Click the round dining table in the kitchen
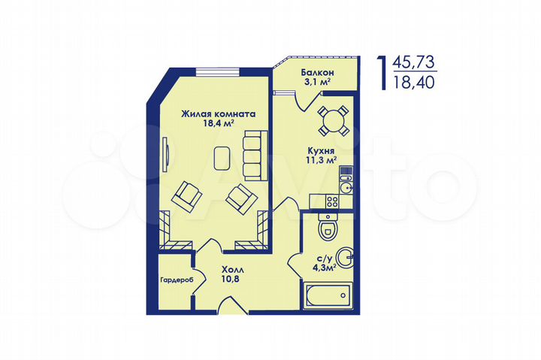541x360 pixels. [331, 119]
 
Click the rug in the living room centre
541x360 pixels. [222, 158]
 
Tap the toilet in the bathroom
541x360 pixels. [328, 226]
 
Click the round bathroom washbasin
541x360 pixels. [343, 258]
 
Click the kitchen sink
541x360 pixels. [347, 187]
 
